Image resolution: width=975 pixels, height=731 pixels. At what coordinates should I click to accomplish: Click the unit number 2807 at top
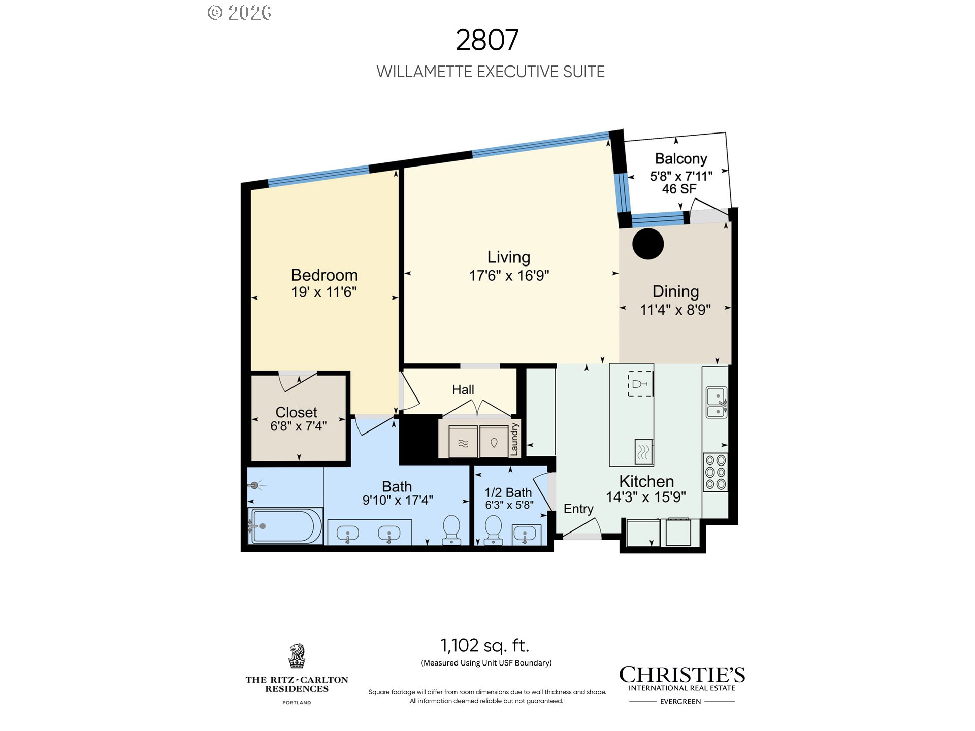[487, 40]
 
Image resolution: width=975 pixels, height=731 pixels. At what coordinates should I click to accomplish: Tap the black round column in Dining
[648, 244]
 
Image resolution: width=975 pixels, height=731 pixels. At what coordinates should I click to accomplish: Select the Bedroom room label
[324, 275]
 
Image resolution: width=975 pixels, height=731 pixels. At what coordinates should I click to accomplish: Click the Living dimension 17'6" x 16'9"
[509, 276]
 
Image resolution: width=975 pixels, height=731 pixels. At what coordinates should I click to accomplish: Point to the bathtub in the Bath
[285, 526]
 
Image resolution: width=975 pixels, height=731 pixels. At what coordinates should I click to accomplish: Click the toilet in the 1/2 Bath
[493, 530]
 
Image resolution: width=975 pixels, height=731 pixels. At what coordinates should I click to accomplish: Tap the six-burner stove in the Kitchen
[716, 472]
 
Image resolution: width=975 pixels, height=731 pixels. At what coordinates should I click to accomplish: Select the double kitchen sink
[717, 403]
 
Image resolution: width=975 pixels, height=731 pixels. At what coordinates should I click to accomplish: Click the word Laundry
[514, 439]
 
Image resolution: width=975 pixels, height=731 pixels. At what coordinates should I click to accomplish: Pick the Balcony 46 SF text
[679, 189]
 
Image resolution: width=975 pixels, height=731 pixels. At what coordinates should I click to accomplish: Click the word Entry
[578, 509]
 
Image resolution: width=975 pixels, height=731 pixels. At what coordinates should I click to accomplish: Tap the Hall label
[463, 390]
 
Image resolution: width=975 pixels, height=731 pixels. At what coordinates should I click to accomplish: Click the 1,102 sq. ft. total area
[485, 646]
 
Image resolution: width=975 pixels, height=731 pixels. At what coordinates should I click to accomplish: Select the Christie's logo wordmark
[682, 675]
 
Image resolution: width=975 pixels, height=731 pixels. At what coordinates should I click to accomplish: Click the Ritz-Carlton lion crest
[297, 656]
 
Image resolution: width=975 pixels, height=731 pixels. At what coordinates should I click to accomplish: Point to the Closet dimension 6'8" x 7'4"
[299, 426]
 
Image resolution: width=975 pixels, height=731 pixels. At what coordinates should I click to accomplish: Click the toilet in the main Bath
[451, 530]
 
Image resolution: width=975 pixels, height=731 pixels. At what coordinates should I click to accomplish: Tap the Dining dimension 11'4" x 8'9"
[675, 310]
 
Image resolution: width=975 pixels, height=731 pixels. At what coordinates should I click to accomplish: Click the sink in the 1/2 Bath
[525, 534]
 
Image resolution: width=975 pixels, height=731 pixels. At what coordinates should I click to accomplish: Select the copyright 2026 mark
[240, 13]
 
